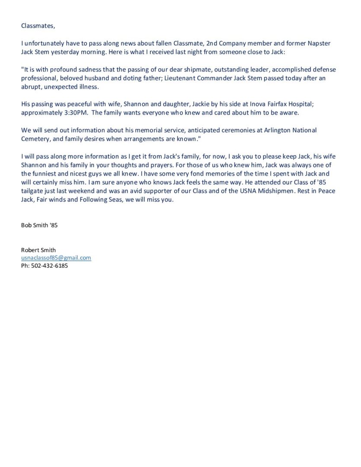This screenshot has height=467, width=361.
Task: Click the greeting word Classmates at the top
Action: (x=38, y=26)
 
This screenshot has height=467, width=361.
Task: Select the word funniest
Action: (x=47, y=173)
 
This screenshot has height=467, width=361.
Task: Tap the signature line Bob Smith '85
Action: (x=39, y=225)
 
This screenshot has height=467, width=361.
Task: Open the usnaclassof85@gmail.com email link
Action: (x=56, y=258)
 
